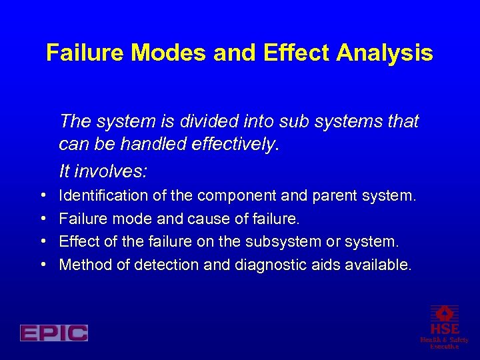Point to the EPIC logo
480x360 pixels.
(54, 333)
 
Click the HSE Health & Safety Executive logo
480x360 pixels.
(445, 327)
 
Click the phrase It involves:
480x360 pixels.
(103, 171)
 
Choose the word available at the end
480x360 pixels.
(378, 265)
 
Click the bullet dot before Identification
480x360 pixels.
(43, 196)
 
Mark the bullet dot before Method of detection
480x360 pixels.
(43, 265)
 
